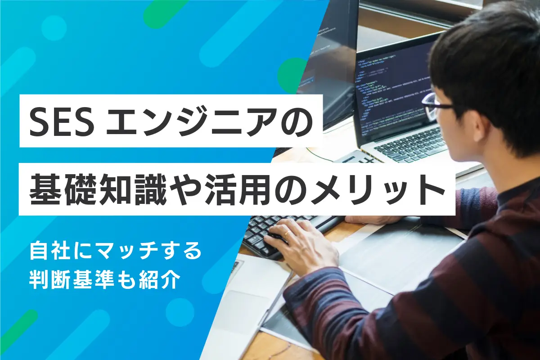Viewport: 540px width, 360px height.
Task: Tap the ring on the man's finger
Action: tap(287, 233)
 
